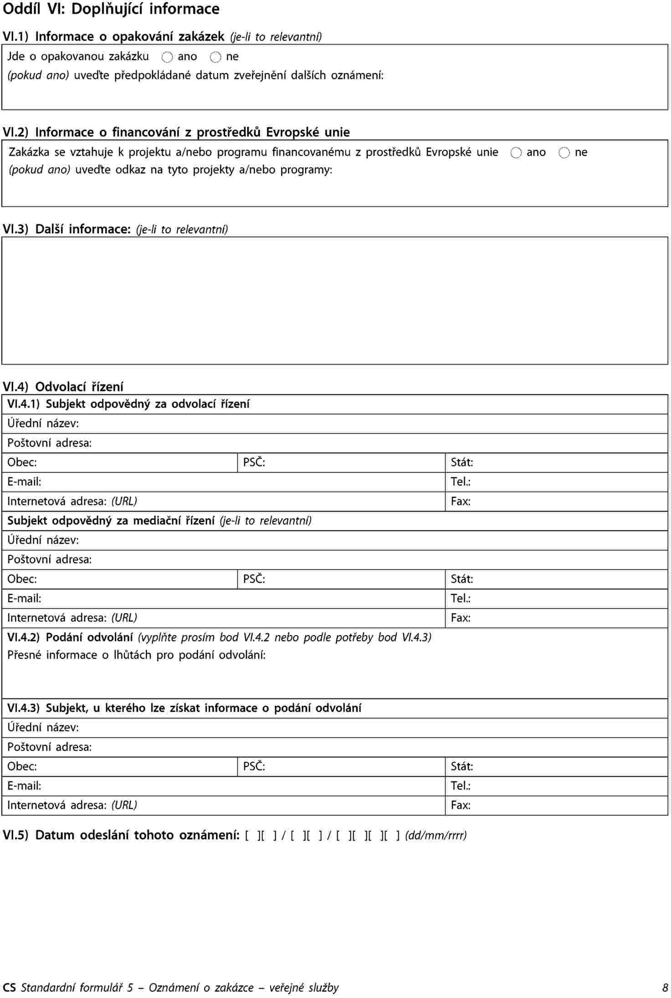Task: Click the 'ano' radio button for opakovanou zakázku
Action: [167, 57]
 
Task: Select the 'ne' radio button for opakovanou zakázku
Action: [215, 57]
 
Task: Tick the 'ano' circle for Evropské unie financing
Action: [516, 153]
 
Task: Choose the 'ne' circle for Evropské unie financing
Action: [564, 153]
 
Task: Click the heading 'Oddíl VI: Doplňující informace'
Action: [111, 9]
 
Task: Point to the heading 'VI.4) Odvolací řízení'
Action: [63, 387]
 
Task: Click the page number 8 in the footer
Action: [665, 988]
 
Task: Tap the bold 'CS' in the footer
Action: [9, 988]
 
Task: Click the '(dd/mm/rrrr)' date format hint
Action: [436, 835]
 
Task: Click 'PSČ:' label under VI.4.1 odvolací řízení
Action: [254, 462]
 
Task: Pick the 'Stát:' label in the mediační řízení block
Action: [462, 579]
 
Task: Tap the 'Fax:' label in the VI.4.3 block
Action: [461, 805]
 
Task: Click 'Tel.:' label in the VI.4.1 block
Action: [461, 482]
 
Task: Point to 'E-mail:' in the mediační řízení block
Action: [24, 598]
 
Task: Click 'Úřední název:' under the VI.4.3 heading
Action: [43, 727]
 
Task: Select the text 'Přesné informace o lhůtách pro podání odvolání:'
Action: [136, 655]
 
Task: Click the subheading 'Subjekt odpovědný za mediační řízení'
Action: [111, 521]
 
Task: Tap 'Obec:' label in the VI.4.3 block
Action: [22, 766]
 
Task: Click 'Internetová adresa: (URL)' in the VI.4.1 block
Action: [72, 502]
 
